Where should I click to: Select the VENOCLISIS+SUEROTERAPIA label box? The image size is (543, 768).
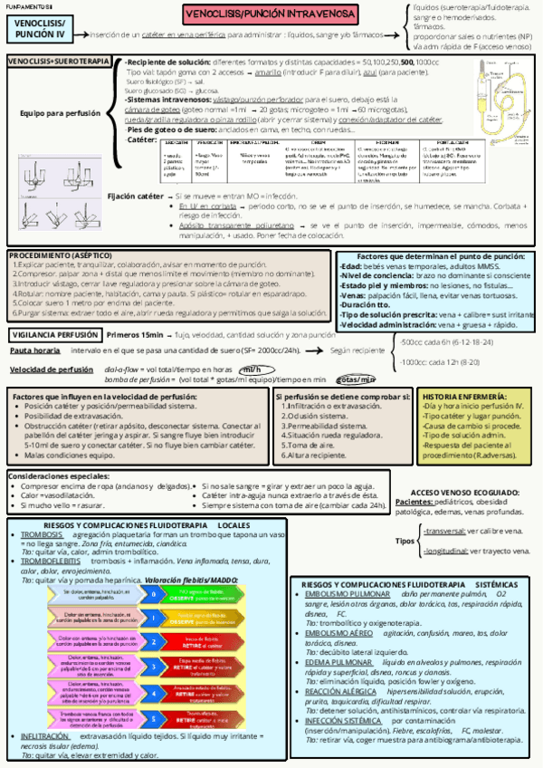point(58,61)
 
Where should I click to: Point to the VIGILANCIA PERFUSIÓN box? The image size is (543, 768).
point(55,334)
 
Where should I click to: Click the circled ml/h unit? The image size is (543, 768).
point(255,370)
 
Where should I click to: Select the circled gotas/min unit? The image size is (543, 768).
point(356,379)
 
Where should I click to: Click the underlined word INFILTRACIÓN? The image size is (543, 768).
point(45,736)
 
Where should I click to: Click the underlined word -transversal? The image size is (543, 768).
point(444,532)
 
